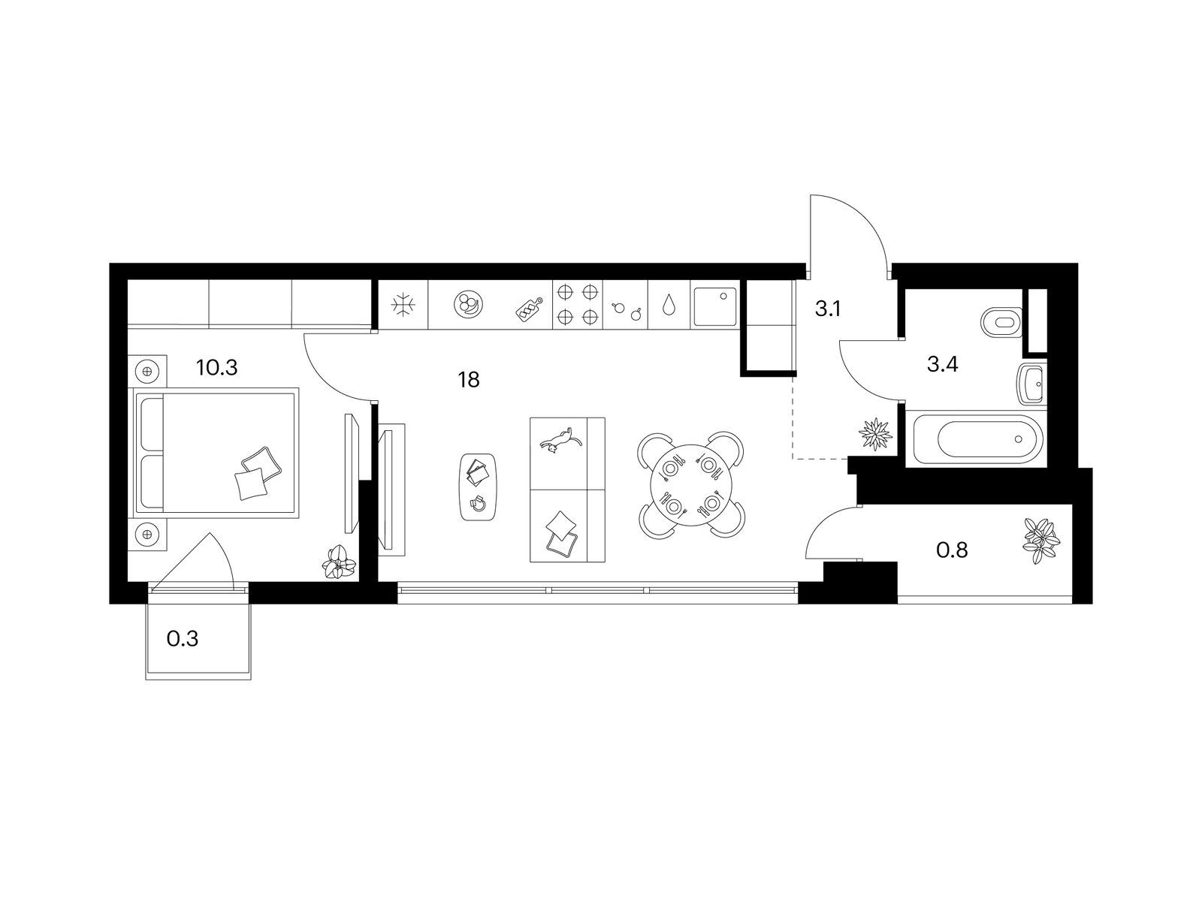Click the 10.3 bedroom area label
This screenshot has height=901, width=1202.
point(217,368)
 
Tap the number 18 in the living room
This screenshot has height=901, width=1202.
point(469,380)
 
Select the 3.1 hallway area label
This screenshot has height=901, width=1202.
point(827,309)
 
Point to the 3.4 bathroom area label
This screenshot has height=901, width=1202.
point(942,364)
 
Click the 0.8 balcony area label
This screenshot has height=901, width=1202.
point(952,550)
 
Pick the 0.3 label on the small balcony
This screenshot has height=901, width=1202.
point(183,639)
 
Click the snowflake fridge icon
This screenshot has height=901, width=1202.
point(403,306)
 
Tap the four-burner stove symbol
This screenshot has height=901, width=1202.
point(577,304)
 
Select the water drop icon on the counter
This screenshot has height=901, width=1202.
point(669,306)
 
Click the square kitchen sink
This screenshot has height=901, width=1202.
point(714,306)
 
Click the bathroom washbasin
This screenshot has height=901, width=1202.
point(1031,385)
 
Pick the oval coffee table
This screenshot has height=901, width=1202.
point(478,487)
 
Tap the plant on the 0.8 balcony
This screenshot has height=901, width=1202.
point(1040,541)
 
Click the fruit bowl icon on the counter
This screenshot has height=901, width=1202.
point(468,304)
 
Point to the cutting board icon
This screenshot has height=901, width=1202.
point(528,309)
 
